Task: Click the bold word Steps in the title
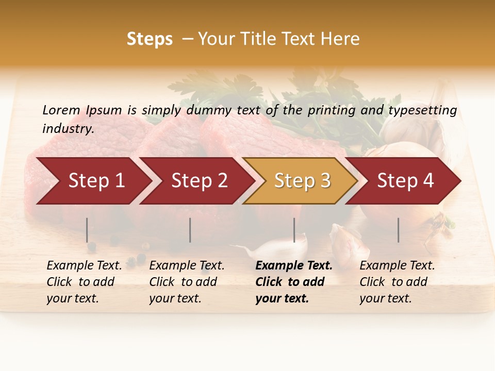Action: coord(150,39)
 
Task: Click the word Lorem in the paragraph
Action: coord(61,110)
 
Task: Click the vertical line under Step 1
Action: coord(87,230)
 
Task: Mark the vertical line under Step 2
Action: coord(190,230)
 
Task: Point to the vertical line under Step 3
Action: coord(294,230)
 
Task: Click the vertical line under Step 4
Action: coord(399,230)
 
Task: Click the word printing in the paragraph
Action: coord(329,110)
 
